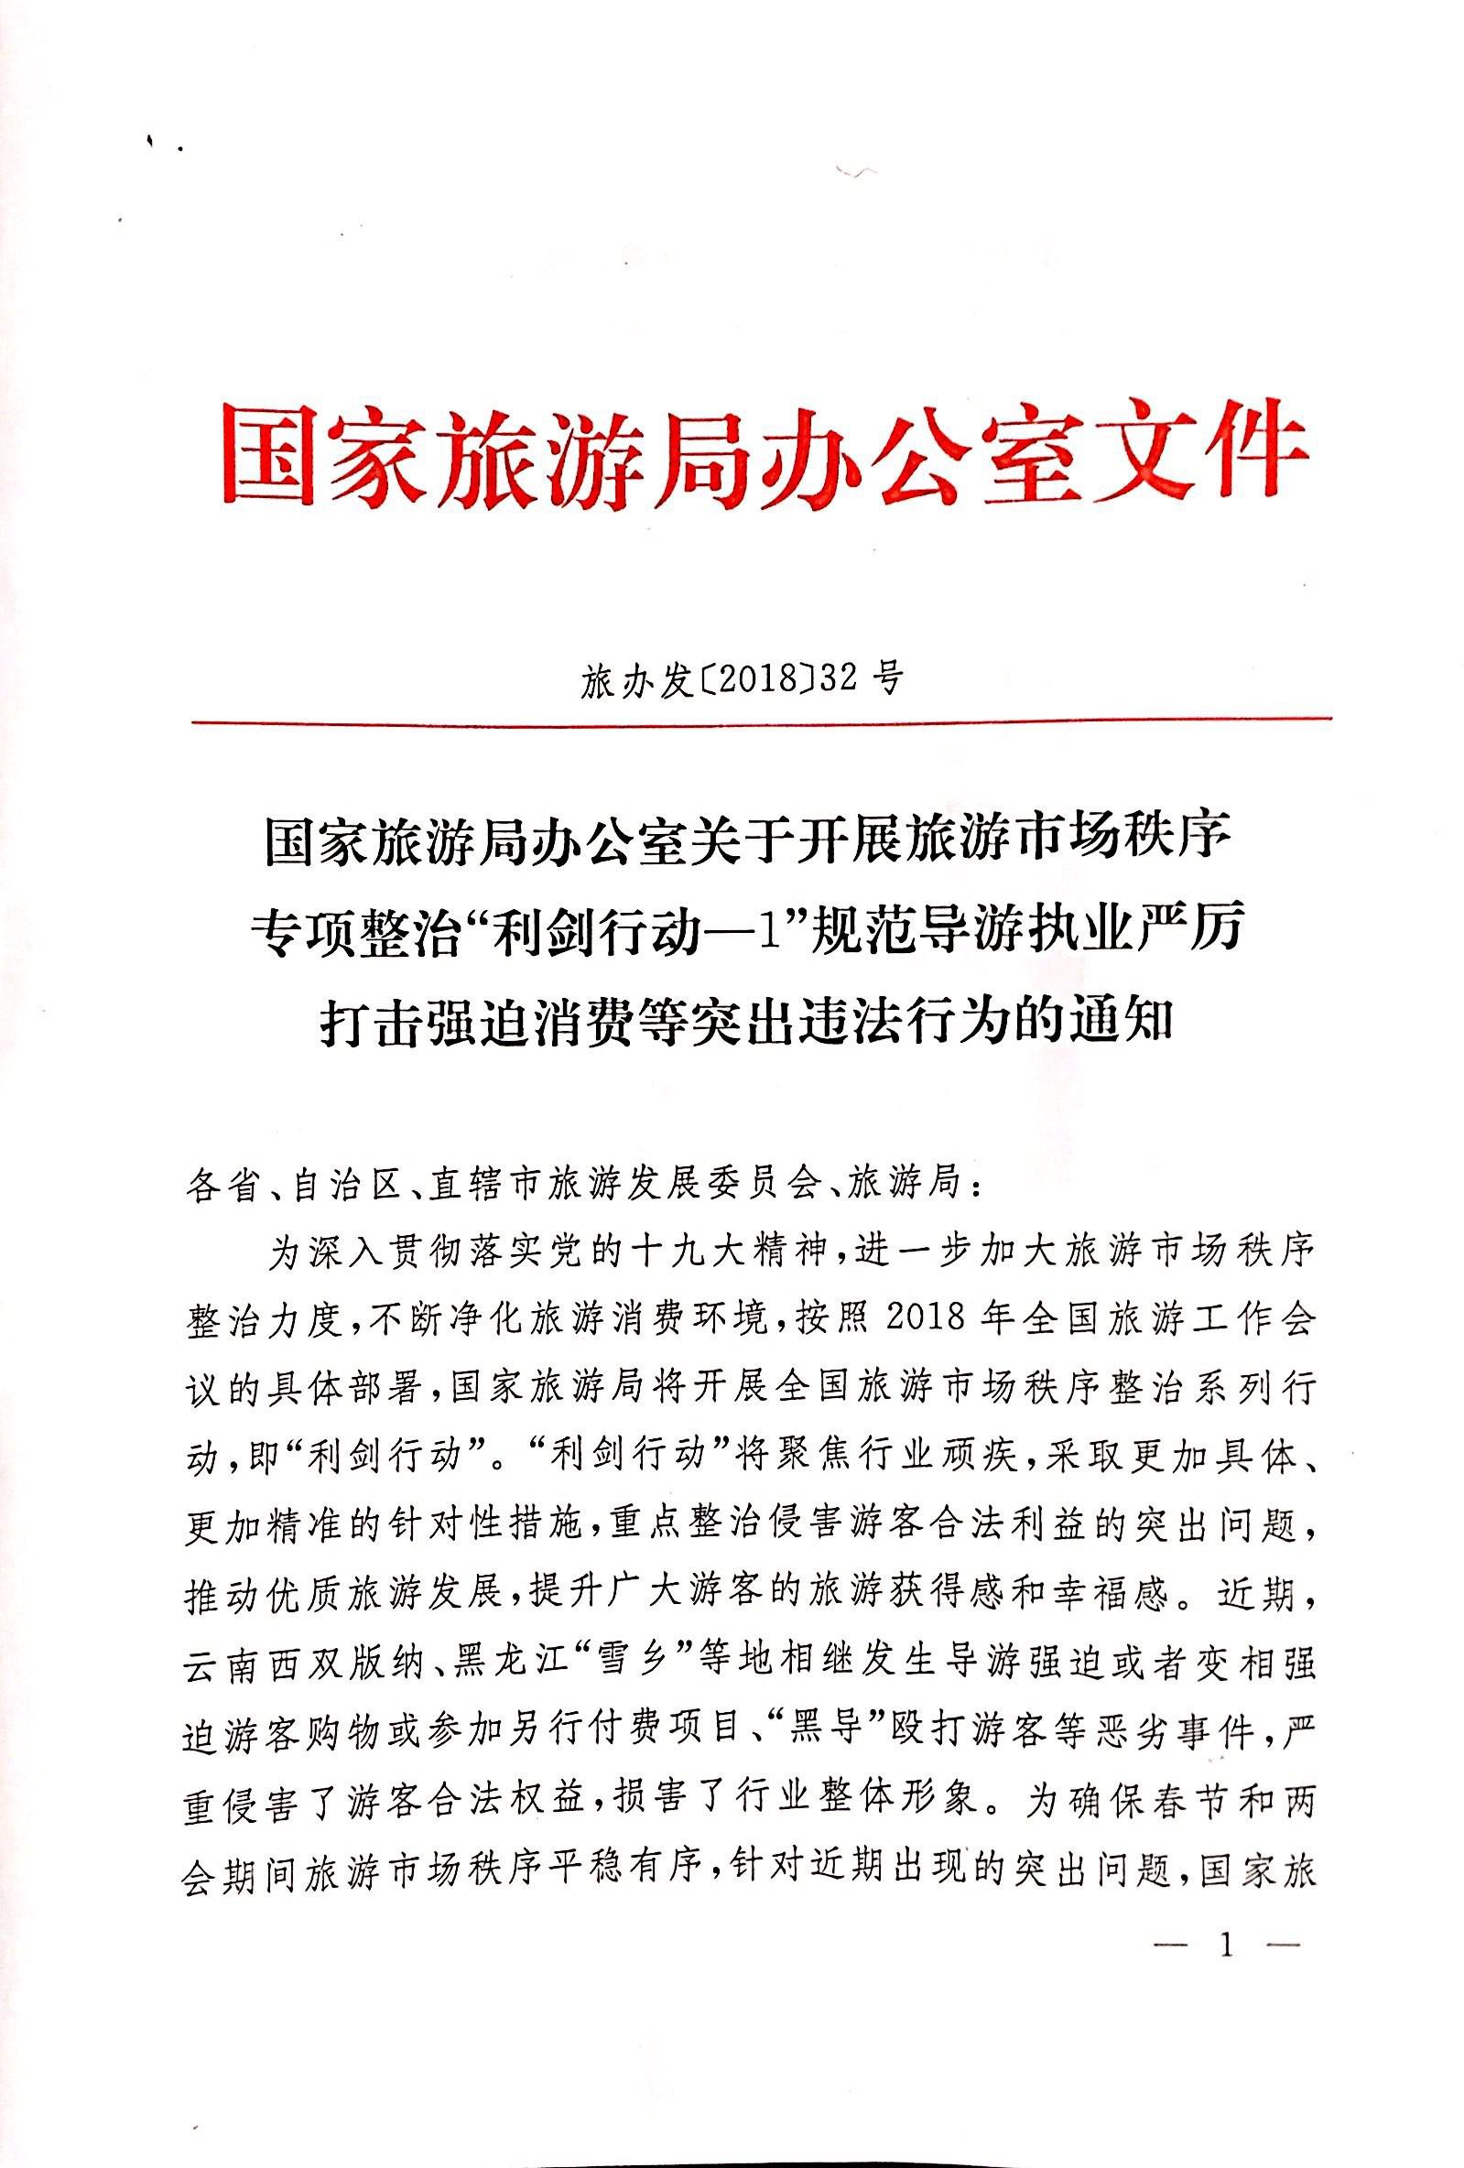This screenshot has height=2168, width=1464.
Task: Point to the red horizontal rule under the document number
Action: coord(761,721)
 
